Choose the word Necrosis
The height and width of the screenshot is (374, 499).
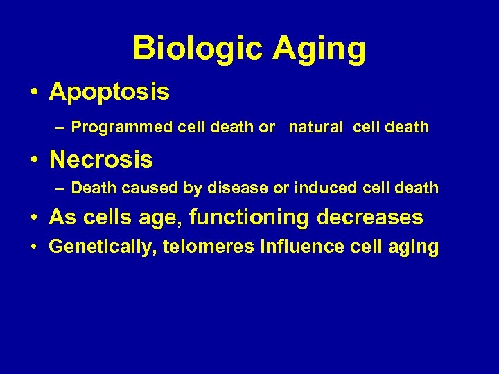tap(101, 160)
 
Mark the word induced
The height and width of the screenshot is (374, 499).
tap(323, 188)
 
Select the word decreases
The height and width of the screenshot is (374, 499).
tap(369, 217)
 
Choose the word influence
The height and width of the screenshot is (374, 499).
tap(297, 247)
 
